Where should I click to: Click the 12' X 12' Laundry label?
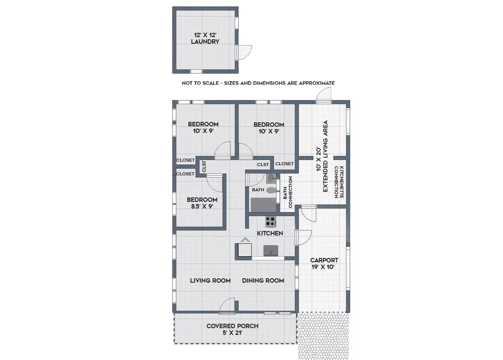(205, 38)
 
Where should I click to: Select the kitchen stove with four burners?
(270, 221)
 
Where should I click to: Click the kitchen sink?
(271, 251)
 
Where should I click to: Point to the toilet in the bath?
(271, 190)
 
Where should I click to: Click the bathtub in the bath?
(263, 205)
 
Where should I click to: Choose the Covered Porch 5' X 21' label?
(233, 329)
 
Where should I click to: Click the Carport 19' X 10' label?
(324, 263)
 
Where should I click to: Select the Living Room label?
(211, 280)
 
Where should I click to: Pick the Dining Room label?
(263, 280)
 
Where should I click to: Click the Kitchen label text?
(270, 233)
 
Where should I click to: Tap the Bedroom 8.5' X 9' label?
(202, 203)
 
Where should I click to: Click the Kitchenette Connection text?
(339, 182)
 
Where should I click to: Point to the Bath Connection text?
(288, 192)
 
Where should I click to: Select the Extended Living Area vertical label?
(322, 156)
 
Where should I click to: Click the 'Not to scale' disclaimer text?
(258, 83)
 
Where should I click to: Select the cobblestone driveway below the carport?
(323, 336)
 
